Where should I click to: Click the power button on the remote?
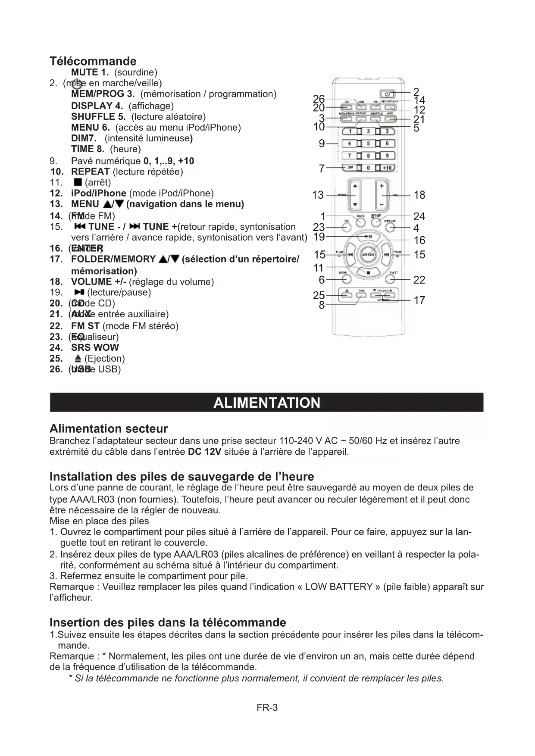387,94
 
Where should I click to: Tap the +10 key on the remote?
387,168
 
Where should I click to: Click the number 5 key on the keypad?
369,144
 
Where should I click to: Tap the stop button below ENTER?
369,272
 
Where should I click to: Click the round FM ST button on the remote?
390,279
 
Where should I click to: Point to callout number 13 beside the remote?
318,195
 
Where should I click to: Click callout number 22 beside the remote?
419,280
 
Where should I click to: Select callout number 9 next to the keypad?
322,144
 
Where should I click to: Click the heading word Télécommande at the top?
93,61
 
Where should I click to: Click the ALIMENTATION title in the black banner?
267,403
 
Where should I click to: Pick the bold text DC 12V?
205,452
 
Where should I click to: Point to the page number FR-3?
267,707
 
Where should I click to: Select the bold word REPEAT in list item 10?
90,172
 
